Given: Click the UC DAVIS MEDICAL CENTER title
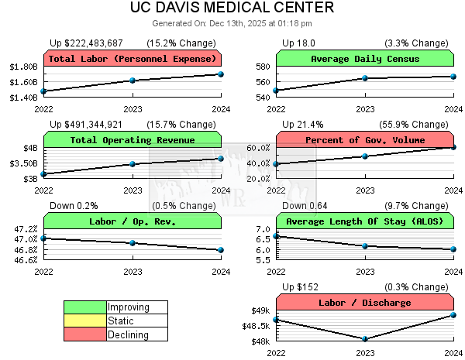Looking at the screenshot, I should click(232, 8).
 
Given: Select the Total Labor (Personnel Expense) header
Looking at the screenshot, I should click(133, 59).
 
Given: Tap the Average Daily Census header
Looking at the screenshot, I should click(365, 59).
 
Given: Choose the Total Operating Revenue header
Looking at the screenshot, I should click(133, 140).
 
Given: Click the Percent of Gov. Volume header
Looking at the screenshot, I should click(365, 140).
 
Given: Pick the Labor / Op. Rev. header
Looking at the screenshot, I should click(133, 221).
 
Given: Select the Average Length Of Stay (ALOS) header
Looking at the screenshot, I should click(365, 221).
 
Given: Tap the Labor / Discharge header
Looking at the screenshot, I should click(365, 303).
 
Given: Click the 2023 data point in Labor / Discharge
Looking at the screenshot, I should click(365, 339).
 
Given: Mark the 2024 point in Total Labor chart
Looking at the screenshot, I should click(221, 74).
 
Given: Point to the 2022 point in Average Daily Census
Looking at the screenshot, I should click(276, 91).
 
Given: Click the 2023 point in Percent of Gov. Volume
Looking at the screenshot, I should click(365, 156).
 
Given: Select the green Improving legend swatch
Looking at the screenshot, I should click(84, 307).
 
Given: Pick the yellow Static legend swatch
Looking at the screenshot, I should click(84, 321).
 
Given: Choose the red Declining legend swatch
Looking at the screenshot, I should click(84, 334).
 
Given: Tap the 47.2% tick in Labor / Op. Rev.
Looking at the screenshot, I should click(26, 229).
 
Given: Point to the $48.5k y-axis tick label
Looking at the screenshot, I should click(255, 326).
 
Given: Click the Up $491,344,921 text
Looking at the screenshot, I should click(97, 124).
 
